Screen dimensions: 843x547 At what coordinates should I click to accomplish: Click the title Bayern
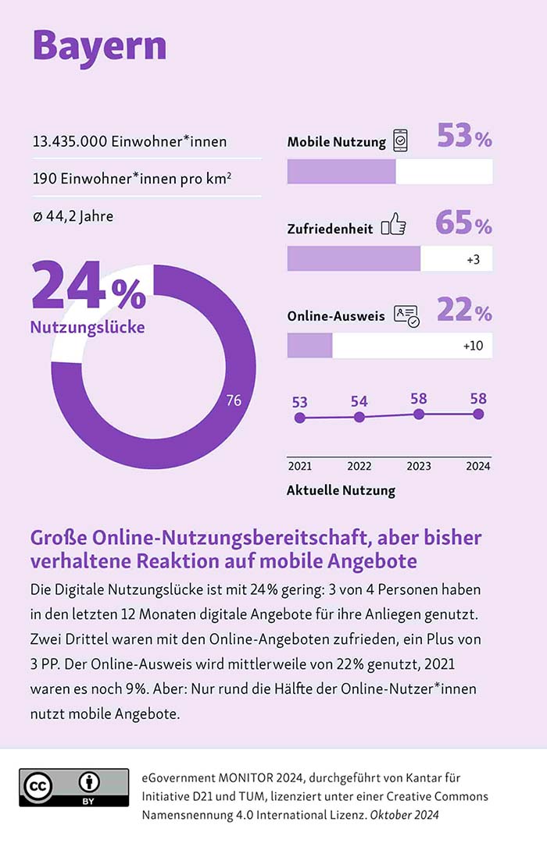99,45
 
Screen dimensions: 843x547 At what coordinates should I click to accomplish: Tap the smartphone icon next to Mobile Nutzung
400,141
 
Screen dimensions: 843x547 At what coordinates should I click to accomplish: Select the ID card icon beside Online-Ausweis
406,315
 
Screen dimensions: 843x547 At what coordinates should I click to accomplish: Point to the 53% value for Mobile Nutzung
464,137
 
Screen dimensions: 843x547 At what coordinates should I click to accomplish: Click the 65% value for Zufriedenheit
464,224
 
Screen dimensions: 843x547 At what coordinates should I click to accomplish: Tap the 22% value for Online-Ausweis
464,311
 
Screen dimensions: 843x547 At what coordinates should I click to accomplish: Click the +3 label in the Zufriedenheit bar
472,259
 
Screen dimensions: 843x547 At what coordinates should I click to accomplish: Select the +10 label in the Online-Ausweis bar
472,346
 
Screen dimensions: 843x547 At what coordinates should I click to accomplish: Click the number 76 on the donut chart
234,401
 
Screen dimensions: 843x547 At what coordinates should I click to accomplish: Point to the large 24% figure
88,288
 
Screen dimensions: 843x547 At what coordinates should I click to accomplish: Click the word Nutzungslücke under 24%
88,327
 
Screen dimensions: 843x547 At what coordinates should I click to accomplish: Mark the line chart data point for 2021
299,418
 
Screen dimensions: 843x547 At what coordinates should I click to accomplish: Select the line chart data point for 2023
419,414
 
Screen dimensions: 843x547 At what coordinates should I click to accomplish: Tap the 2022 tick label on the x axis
359,467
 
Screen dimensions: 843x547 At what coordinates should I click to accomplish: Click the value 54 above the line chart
359,401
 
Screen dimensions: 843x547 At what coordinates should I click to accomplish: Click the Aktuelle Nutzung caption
341,491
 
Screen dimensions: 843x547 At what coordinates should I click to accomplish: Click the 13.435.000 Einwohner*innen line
130,141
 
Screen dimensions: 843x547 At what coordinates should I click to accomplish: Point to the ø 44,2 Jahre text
73,215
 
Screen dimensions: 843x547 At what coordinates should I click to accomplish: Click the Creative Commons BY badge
74,788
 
